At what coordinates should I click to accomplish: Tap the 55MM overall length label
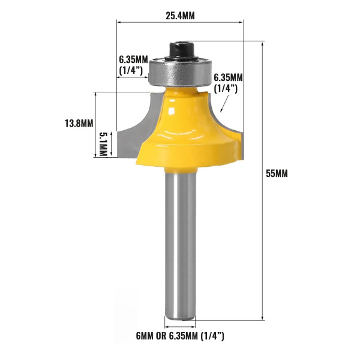(277, 173)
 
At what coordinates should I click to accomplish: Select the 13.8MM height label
(79, 124)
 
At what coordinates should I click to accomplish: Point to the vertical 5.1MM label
(103, 143)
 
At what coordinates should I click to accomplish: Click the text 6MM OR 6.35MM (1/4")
(180, 336)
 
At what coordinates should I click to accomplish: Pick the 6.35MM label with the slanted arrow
(228, 83)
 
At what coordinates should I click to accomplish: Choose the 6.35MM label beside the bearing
(133, 65)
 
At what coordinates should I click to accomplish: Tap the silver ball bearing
(180, 71)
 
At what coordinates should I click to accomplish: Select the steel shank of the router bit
(180, 240)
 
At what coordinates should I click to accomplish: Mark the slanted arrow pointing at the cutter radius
(224, 106)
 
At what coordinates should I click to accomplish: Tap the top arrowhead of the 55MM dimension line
(263, 44)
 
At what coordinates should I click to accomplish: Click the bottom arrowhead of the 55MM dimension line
(263, 317)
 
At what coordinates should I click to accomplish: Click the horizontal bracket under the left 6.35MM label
(132, 76)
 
